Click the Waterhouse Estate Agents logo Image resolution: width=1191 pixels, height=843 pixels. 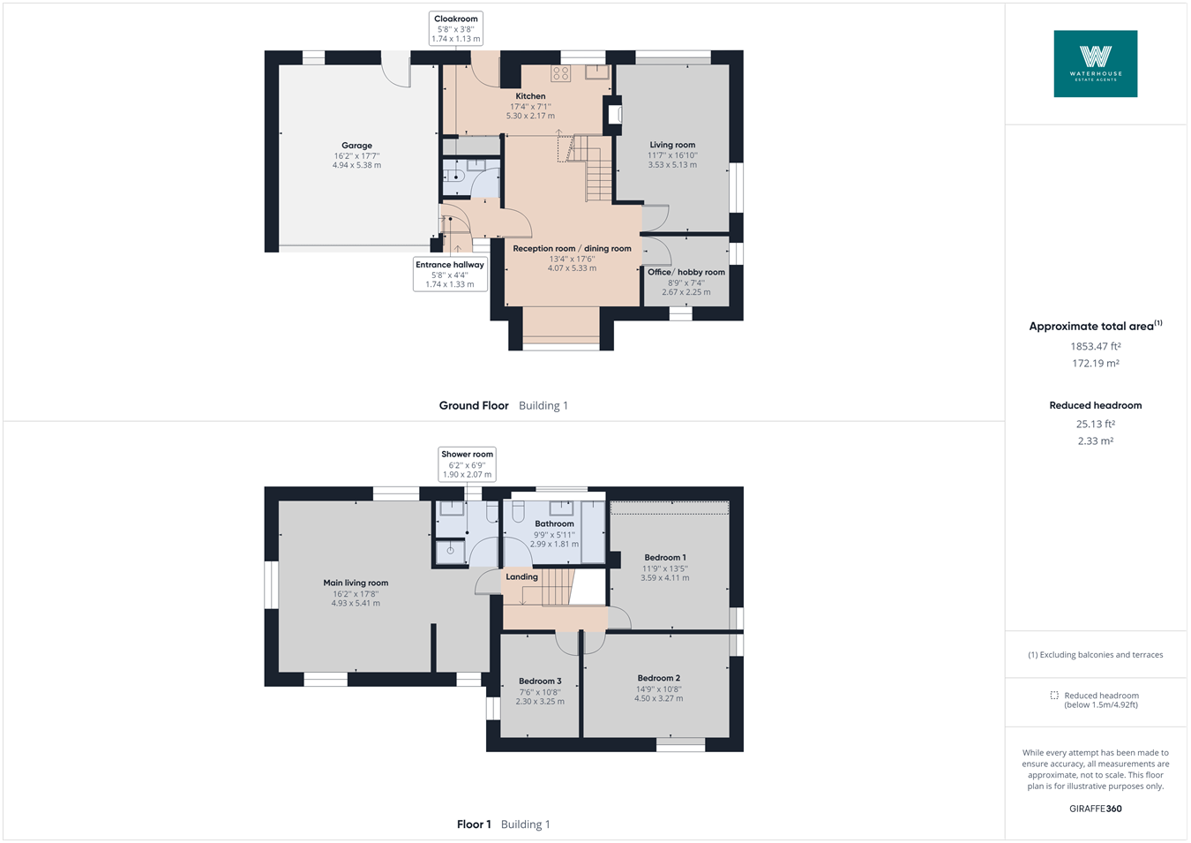(x=1095, y=64)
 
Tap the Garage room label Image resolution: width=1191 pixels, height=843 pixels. (x=356, y=146)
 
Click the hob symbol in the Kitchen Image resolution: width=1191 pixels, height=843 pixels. (x=561, y=73)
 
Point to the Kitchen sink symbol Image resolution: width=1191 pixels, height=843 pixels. (x=597, y=72)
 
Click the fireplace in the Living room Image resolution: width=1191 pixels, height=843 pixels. (x=613, y=114)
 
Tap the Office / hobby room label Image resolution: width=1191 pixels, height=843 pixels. (x=685, y=272)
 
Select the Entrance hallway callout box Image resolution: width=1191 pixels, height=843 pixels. (x=450, y=274)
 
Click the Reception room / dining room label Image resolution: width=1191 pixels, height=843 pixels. (x=572, y=249)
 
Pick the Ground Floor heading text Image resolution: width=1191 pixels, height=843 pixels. (x=474, y=406)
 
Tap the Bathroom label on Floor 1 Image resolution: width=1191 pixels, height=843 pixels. (x=554, y=524)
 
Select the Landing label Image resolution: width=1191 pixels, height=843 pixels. (x=521, y=577)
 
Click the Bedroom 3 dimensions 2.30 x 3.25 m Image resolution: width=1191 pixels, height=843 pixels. (x=539, y=702)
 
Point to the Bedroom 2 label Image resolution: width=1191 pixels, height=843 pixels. (x=659, y=678)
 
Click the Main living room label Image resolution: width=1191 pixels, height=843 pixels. (x=356, y=583)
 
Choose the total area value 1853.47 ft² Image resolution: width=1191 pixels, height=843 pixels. (x=1095, y=347)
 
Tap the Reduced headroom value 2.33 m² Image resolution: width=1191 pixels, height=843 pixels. (x=1095, y=441)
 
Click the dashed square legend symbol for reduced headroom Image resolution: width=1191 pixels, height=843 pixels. (x=1054, y=696)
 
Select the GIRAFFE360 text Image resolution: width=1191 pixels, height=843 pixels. (x=1095, y=809)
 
